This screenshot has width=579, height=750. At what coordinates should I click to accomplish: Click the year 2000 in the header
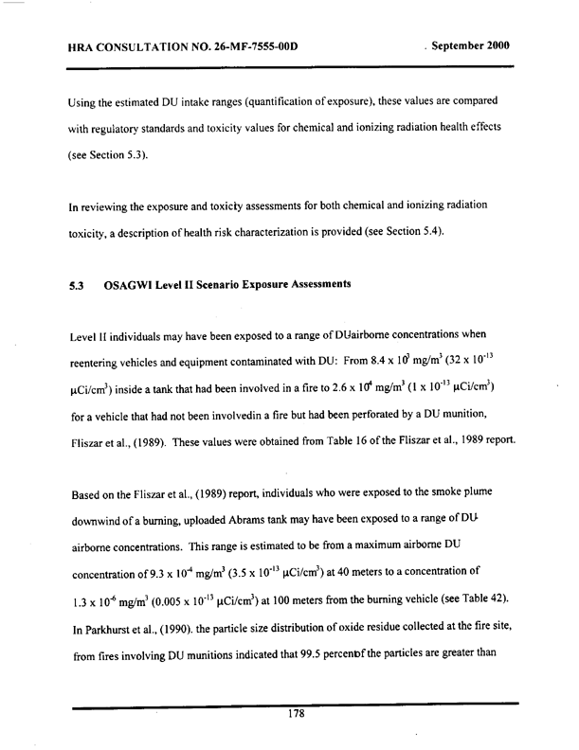[x=493, y=45]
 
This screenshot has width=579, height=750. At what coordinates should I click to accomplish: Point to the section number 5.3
[x=78, y=285]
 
